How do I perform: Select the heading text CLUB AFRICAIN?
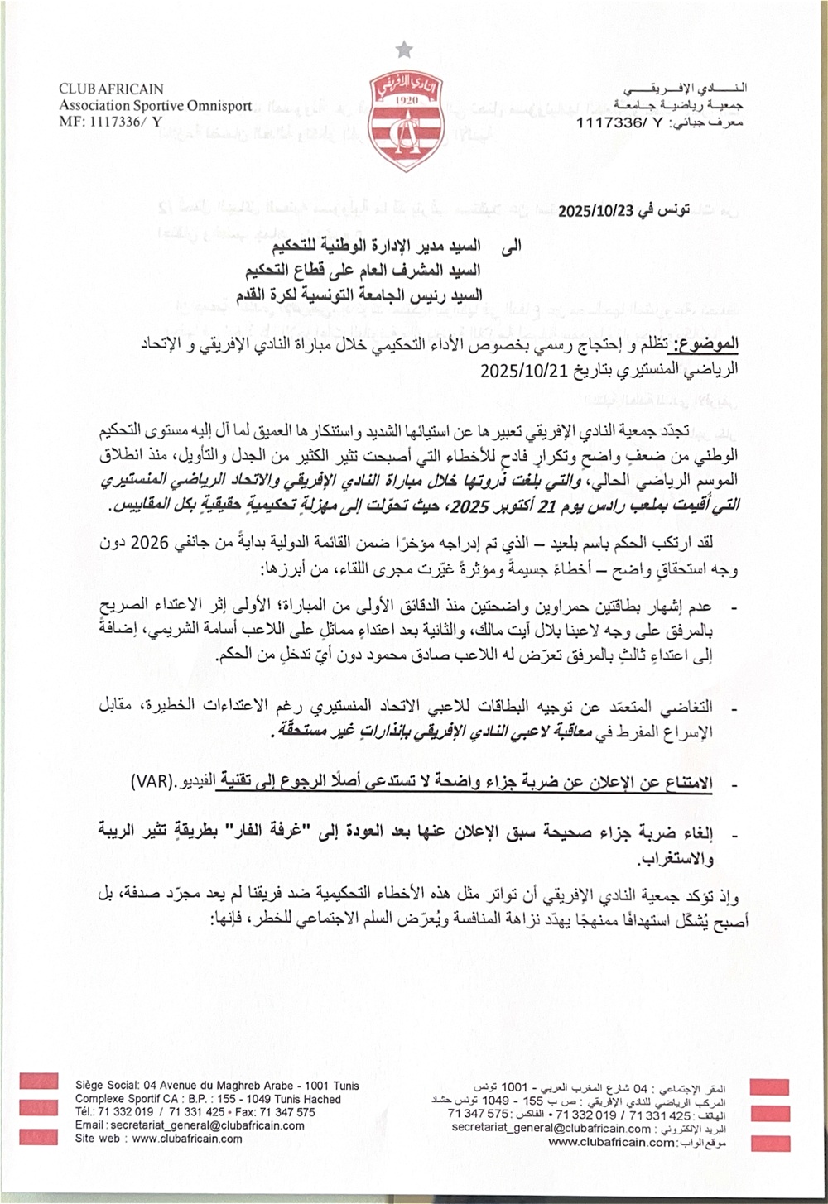[111, 89]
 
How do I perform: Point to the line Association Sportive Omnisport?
[155, 105]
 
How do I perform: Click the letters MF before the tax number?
[69, 122]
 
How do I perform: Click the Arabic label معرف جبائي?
[714, 122]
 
